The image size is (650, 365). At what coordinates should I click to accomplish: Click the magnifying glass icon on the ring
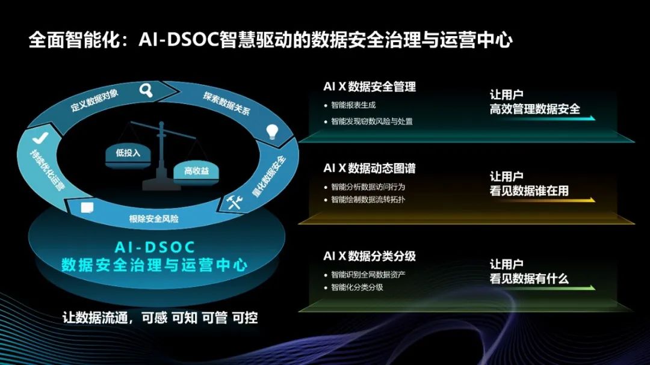146,90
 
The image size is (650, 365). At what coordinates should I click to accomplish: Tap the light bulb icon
272,131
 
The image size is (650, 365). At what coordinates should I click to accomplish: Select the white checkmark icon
40,138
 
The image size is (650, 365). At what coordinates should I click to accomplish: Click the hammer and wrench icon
234,202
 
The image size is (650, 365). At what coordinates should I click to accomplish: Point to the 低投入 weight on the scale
128,156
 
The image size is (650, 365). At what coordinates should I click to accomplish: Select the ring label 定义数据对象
94,100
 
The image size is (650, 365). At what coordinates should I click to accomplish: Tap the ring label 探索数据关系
227,103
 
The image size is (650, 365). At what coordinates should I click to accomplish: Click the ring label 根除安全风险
154,219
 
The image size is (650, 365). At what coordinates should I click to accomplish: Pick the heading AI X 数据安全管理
370,87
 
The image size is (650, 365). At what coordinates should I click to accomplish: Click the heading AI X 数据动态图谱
370,168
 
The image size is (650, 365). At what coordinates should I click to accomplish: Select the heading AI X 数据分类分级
370,256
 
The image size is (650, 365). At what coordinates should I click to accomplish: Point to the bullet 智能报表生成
353,105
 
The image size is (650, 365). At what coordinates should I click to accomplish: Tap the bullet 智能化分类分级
357,287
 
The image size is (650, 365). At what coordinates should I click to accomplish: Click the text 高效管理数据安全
535,109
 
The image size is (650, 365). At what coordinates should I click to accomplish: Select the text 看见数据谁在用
529,191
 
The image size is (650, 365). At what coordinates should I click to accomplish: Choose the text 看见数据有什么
529,278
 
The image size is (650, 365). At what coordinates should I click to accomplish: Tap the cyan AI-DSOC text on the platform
155,247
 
